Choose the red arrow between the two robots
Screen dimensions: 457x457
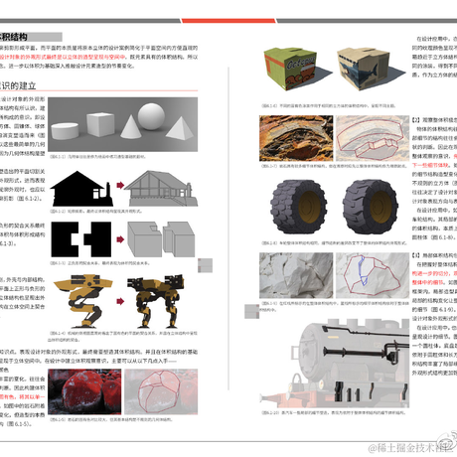tap(126, 298)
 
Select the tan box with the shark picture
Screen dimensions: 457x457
tap(360, 69)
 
